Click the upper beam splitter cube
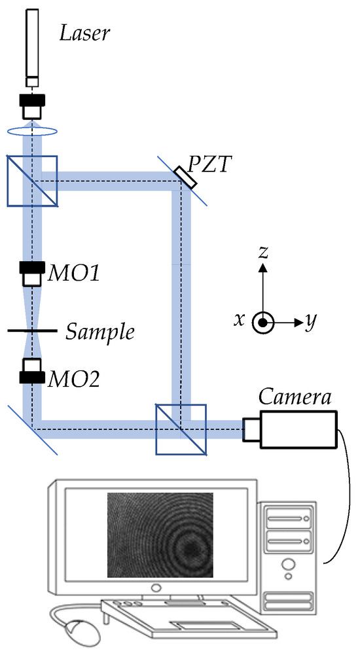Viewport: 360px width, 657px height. [x=33, y=181]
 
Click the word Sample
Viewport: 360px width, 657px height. [x=100, y=332]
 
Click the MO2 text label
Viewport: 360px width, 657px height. [x=72, y=378]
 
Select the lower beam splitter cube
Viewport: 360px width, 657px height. [x=181, y=429]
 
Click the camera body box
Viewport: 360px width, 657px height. [x=298, y=429]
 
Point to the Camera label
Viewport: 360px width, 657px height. [x=294, y=397]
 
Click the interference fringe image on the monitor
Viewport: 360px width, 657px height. [x=160, y=535]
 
